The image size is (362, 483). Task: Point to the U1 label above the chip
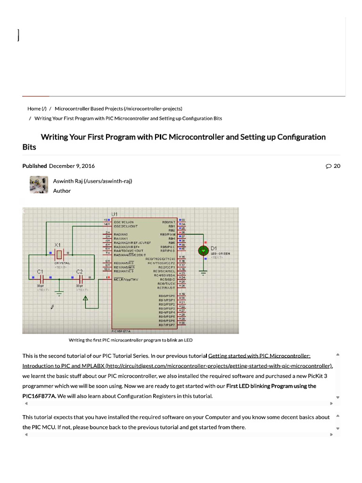point(115,214)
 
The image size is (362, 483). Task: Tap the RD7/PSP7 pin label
point(167,325)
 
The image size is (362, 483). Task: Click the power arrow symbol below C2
point(85,299)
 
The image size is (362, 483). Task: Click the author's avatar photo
point(38,185)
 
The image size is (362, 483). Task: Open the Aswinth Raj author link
point(92,181)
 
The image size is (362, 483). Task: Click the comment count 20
point(333,166)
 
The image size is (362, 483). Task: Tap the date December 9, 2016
point(72,166)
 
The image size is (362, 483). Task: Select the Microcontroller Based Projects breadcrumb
point(118,108)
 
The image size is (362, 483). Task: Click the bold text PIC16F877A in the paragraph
point(39,396)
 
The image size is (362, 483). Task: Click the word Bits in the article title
point(29,147)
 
